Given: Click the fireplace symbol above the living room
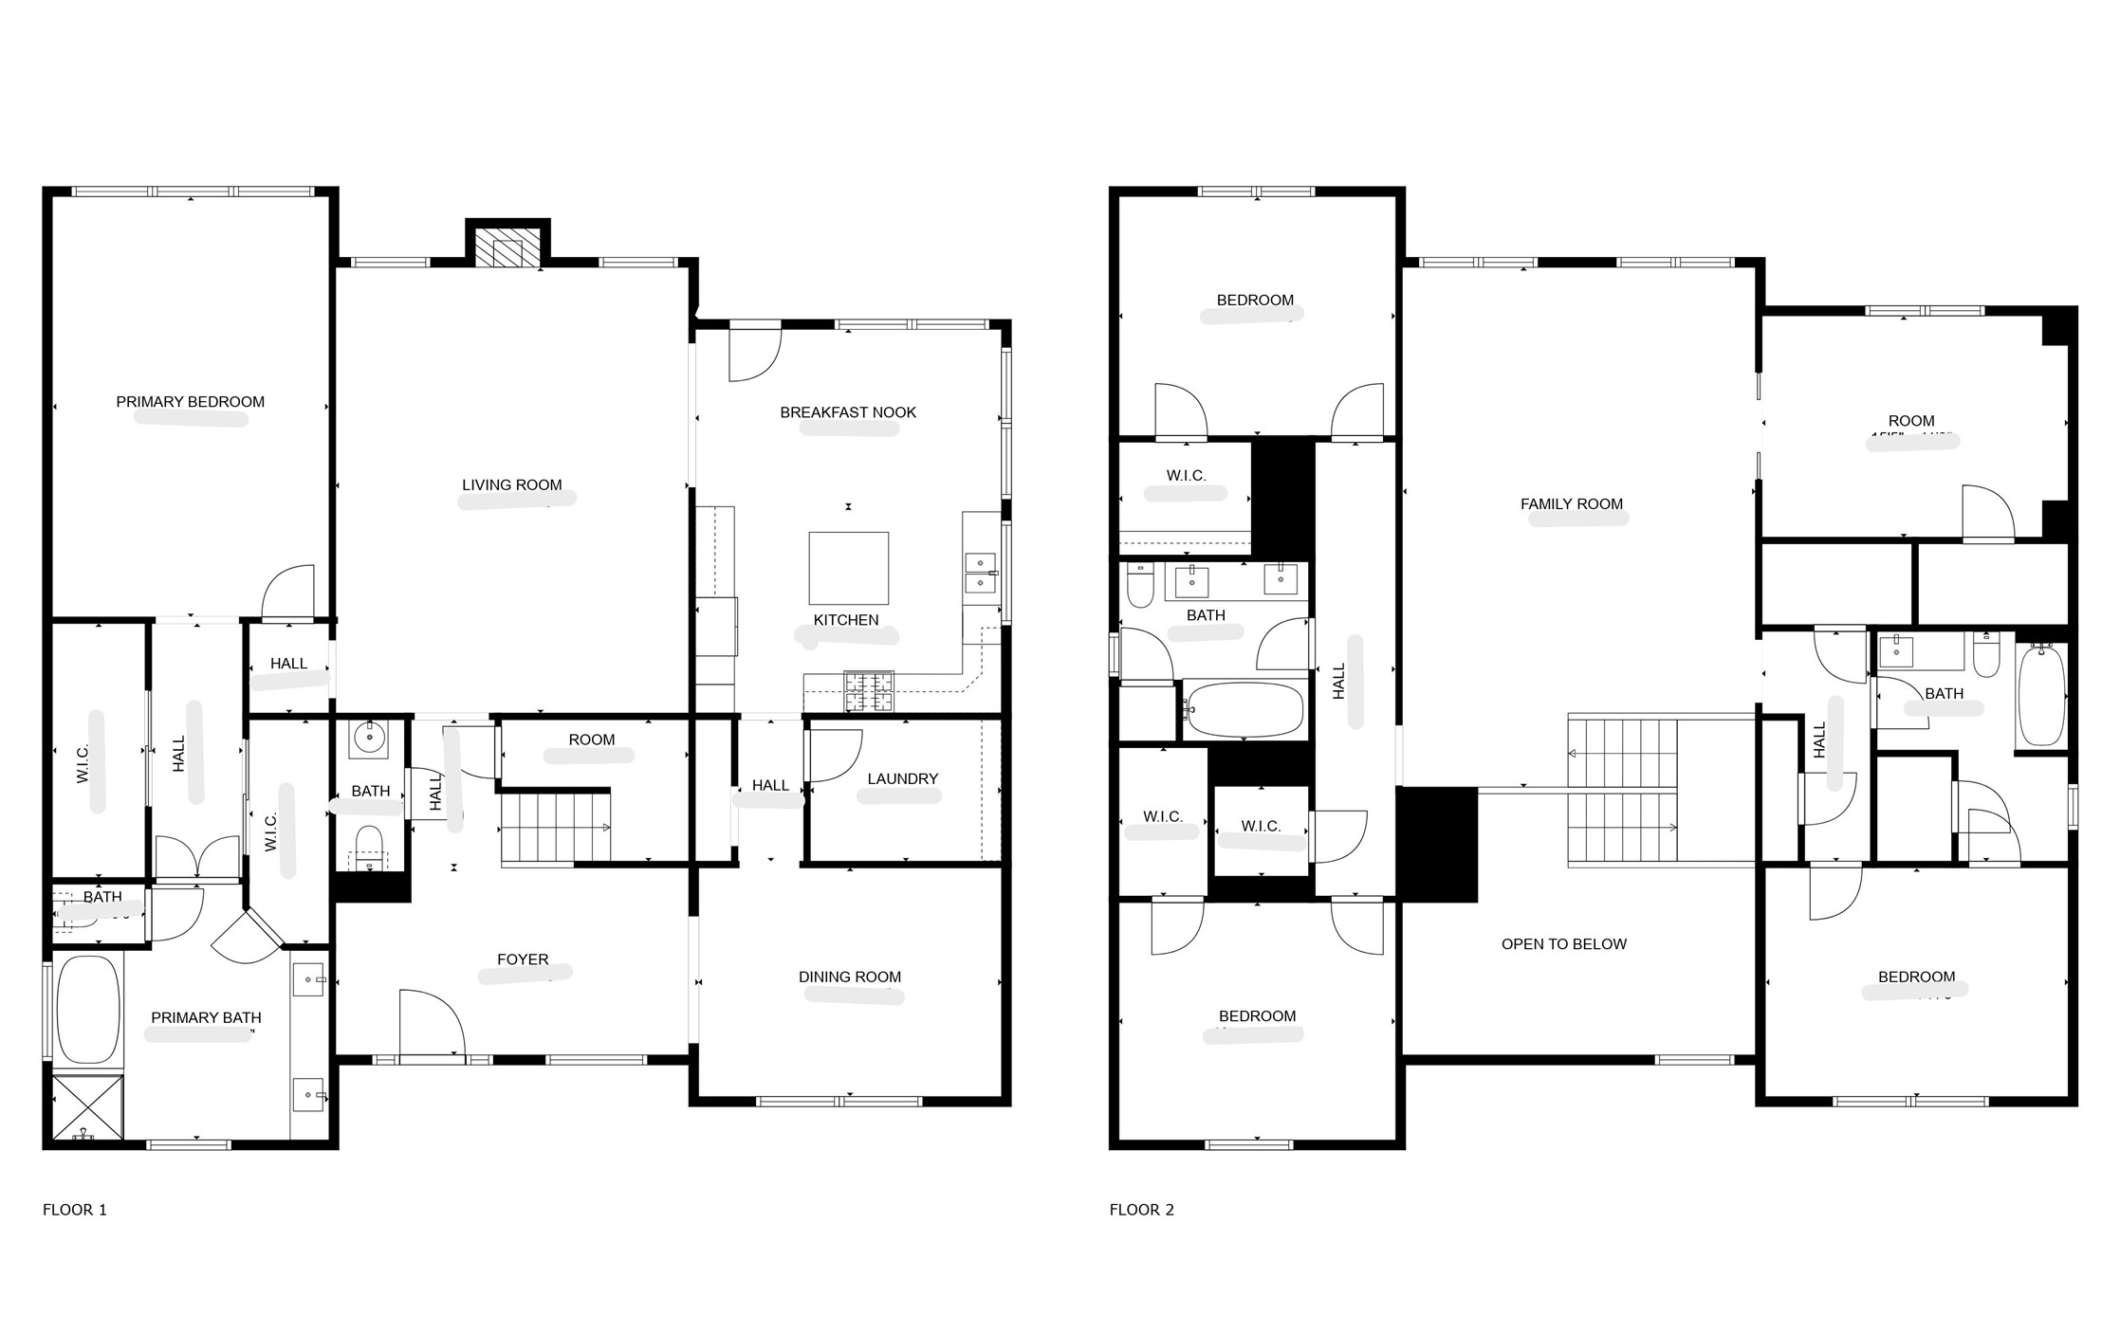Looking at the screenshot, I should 507,250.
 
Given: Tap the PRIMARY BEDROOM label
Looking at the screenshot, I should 190,402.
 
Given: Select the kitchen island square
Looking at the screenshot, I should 848,568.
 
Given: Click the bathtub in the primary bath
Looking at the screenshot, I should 88,1010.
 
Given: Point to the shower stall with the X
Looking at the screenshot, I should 87,1106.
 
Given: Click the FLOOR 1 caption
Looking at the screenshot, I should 75,1210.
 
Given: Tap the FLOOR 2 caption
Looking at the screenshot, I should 1141,1210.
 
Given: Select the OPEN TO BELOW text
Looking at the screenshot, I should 1563,944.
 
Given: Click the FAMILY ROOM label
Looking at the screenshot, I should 1571,504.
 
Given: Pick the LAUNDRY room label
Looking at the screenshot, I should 902,779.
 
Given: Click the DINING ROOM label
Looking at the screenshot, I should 849,977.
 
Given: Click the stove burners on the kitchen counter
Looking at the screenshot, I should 869,691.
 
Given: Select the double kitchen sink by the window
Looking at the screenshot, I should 980,574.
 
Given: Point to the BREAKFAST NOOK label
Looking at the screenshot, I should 847,412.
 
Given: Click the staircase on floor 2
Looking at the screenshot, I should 1622,792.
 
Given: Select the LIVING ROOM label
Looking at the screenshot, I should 511,485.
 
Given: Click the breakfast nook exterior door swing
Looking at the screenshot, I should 754,353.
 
